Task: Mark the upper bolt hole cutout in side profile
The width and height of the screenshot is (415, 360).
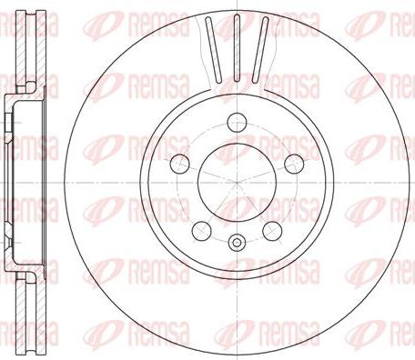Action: pyautogui.click(x=12, y=118)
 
